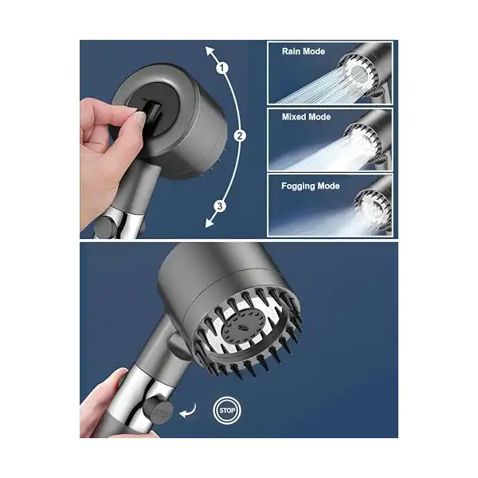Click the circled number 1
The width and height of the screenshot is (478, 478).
click(222, 68)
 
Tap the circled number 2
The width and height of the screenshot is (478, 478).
click(240, 135)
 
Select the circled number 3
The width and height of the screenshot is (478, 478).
click(220, 206)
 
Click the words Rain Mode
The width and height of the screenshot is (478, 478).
click(304, 51)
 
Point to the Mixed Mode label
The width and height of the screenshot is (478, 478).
click(306, 117)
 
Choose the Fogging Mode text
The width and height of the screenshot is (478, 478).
click(311, 186)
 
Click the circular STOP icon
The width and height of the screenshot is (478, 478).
click(227, 410)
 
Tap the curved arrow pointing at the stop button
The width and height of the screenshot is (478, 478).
click(189, 411)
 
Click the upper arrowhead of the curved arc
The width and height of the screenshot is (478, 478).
click(210, 51)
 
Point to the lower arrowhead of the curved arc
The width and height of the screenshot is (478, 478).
click(210, 223)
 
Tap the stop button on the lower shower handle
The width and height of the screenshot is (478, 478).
click(158, 410)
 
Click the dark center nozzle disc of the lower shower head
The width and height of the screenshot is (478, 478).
click(244, 328)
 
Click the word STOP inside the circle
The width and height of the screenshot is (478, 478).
click(227, 410)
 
